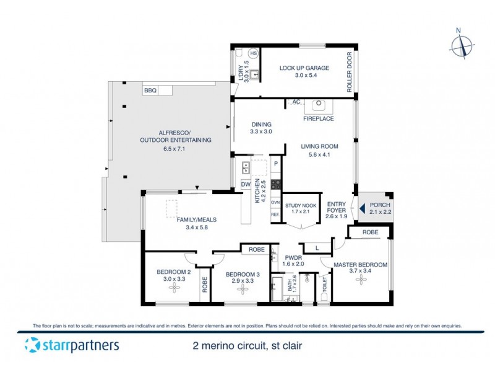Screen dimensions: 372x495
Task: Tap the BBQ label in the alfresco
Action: click(150, 91)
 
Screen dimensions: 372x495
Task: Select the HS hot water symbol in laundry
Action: click(254, 53)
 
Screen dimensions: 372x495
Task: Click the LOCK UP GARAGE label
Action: click(304, 68)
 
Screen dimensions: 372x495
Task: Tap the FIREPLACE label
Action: click(319, 118)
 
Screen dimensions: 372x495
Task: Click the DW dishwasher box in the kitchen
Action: click(245, 185)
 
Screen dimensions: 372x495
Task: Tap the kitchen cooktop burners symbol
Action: click(275, 184)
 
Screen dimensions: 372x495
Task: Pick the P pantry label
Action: click(275, 165)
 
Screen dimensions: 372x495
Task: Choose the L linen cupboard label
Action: click(317, 248)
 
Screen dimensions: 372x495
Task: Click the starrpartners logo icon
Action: click(31, 346)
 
